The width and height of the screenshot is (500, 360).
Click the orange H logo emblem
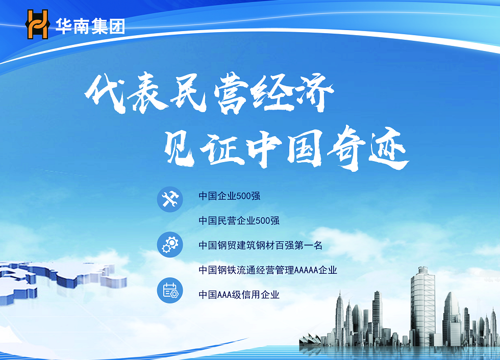[38, 24]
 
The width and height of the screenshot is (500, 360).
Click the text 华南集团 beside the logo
[90, 26]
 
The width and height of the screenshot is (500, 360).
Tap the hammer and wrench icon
[170, 199]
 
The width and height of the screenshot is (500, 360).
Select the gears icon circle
[170, 245]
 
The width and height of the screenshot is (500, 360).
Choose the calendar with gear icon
[170, 290]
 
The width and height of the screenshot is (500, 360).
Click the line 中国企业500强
[229, 196]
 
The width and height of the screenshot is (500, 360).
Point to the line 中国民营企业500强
[239, 220]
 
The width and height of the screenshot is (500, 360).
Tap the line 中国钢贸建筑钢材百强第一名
[261, 245]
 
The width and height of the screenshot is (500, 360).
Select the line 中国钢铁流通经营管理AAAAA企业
[268, 270]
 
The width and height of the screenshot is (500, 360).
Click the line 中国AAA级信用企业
[239, 295]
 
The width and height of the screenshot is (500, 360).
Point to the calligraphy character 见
[180, 148]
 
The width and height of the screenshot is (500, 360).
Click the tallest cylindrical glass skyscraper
[422, 306]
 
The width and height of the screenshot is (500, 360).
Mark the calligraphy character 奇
[346, 148]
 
